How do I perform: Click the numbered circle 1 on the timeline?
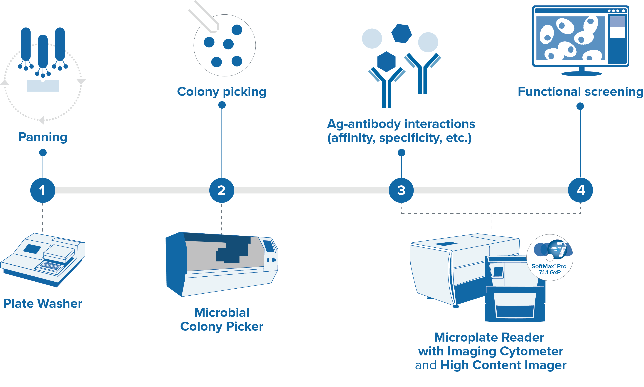(x=43, y=190)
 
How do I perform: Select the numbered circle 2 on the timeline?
(x=222, y=190)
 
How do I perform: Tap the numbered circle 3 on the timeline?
(x=401, y=190)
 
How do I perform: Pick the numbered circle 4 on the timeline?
(x=580, y=190)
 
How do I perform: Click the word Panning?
(x=43, y=137)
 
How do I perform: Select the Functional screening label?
(x=580, y=92)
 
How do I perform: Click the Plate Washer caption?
(x=43, y=304)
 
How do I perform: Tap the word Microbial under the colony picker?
(x=222, y=312)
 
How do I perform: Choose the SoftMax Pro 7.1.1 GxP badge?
(x=550, y=258)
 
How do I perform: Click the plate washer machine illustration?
(x=43, y=259)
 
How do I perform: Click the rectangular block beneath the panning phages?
(x=43, y=86)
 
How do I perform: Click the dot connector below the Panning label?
(x=43, y=153)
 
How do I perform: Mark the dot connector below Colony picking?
(x=222, y=105)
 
